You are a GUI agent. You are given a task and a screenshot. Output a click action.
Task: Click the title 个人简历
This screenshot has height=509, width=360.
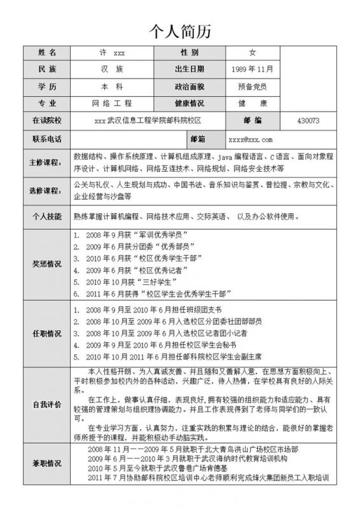179,31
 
